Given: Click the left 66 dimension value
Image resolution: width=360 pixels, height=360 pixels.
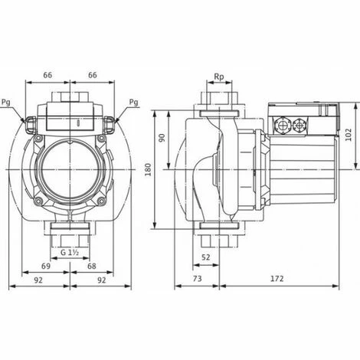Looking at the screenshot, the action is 47,75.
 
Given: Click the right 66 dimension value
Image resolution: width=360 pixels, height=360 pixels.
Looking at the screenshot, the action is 93,75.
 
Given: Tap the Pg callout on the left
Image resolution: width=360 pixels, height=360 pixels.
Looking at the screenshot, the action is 6,103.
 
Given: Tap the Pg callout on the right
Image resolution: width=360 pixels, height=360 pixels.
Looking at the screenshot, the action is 133,103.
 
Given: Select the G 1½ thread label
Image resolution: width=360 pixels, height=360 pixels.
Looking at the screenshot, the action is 69,253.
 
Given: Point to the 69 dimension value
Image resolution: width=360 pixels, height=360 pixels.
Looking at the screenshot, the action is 46,266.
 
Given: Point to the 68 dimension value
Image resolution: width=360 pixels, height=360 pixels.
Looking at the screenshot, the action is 92,266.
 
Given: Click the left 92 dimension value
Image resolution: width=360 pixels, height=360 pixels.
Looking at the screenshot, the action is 38,280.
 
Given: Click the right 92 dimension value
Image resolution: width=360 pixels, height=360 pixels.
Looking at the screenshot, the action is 102,280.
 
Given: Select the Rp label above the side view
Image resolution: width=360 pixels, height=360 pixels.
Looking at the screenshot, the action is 218,77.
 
